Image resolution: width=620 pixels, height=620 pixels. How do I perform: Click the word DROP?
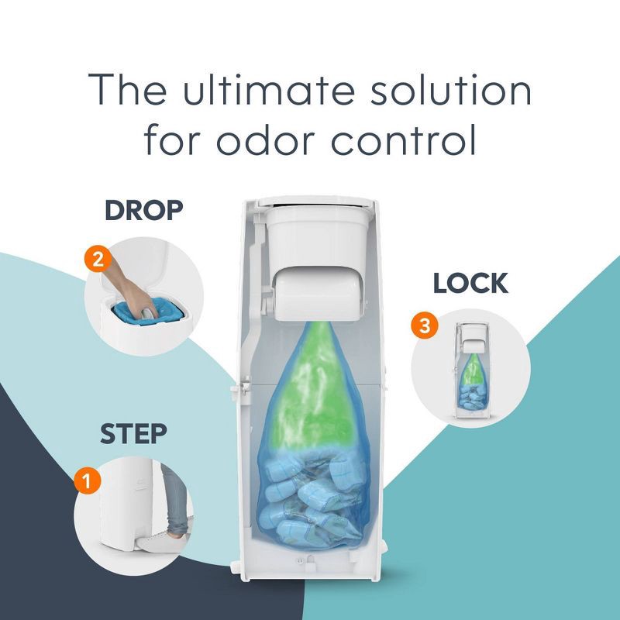(x=144, y=210)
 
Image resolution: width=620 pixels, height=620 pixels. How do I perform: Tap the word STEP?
(x=133, y=434)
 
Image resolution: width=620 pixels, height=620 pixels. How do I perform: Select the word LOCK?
(x=470, y=283)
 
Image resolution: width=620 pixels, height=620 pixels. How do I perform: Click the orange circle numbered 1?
(x=88, y=480)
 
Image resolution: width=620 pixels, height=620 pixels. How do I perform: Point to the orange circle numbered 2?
(x=98, y=259)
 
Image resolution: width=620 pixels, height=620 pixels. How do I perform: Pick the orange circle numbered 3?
(x=424, y=325)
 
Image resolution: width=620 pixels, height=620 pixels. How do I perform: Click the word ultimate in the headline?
(x=269, y=89)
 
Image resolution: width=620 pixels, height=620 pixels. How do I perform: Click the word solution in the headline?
(x=451, y=89)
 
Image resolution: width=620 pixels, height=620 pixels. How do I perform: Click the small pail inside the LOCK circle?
(x=472, y=370)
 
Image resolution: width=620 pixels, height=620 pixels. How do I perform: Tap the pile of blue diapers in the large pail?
(x=312, y=500)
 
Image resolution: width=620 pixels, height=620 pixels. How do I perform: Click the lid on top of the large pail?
(x=315, y=201)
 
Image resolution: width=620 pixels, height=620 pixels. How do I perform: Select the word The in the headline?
(x=128, y=89)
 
